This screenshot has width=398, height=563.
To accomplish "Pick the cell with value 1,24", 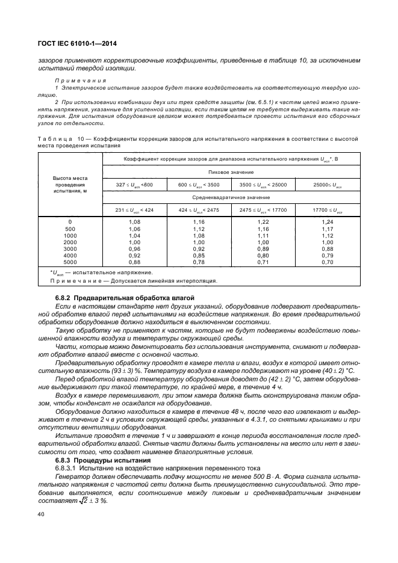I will [x=327, y=222].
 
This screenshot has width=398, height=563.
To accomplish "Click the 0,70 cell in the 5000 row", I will [x=327, y=262].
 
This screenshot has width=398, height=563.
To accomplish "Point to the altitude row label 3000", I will [x=70, y=249].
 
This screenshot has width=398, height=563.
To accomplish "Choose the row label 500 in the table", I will [x=70, y=229].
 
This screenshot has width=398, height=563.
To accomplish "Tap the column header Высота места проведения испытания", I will [x=70, y=184].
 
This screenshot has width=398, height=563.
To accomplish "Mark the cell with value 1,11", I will [x=263, y=235].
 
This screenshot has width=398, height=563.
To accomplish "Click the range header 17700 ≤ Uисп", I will [x=327, y=210].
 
